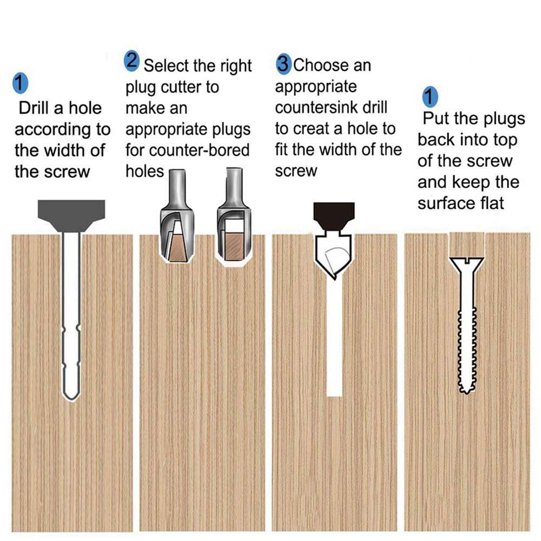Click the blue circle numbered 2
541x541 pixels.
coord(132,61)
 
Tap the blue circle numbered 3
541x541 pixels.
coord(283,64)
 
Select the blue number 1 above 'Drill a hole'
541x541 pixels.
coord(19,85)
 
